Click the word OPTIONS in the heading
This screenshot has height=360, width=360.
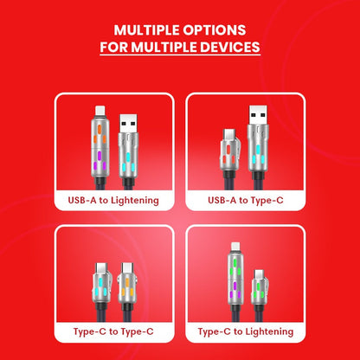214,30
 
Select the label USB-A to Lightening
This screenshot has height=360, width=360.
113,201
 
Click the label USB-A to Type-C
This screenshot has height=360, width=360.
246,200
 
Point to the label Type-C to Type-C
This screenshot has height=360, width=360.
113,331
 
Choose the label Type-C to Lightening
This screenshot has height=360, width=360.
246,331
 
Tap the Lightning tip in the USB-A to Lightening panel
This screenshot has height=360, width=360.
100,112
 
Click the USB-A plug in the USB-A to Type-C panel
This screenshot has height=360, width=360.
258,115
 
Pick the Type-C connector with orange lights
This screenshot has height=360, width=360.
126,283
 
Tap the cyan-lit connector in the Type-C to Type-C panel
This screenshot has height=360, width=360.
101,283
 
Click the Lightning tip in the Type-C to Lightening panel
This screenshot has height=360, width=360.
235,247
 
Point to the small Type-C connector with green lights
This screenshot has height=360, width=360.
260,288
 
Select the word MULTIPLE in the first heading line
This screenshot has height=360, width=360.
147,30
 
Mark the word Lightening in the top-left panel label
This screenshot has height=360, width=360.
135,201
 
